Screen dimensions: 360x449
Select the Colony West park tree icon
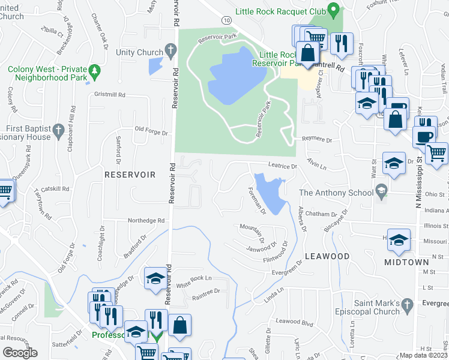(94, 73)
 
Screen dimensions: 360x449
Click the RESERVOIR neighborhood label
(130, 175)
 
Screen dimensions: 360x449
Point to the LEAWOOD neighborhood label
(327, 256)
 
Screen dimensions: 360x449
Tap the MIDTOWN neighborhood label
(407, 262)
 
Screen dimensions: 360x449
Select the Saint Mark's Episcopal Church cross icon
(407, 304)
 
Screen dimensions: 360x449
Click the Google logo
(20, 353)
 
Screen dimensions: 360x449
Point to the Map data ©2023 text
(423, 355)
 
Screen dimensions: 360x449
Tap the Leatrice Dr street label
(282, 166)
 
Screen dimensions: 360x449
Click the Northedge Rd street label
(146, 221)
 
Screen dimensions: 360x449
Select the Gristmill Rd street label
(109, 95)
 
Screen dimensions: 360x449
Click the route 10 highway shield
(224, 20)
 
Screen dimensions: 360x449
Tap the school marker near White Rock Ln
(155, 278)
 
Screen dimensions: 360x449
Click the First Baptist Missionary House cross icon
(58, 130)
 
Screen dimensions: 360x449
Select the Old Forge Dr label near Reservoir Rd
(149, 129)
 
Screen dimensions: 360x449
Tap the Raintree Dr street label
(206, 291)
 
